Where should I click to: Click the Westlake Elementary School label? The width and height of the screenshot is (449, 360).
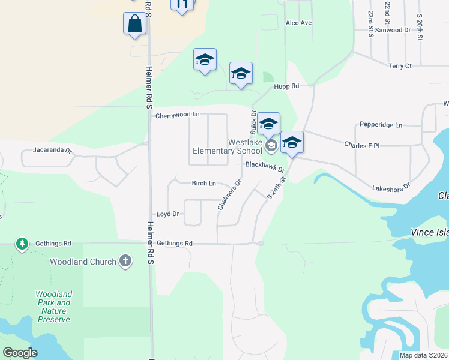227,146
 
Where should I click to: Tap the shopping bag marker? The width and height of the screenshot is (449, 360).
135,25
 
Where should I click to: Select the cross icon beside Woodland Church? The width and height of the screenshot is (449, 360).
125,261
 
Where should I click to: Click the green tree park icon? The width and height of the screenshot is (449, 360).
22,244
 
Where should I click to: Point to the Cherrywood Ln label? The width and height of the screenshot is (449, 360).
177,115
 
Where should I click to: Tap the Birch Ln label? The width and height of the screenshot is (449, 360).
203,183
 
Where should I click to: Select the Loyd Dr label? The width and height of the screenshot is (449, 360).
168,214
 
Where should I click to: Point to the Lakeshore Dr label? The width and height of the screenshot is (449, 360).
391,187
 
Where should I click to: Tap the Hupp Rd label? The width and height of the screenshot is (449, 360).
286,86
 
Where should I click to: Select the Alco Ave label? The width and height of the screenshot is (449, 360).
298,23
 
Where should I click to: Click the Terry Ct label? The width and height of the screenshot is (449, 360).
400,66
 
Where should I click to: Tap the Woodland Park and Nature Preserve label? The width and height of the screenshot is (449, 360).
53,307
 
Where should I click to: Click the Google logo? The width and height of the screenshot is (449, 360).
20,353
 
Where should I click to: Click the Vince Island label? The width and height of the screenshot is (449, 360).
429,232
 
